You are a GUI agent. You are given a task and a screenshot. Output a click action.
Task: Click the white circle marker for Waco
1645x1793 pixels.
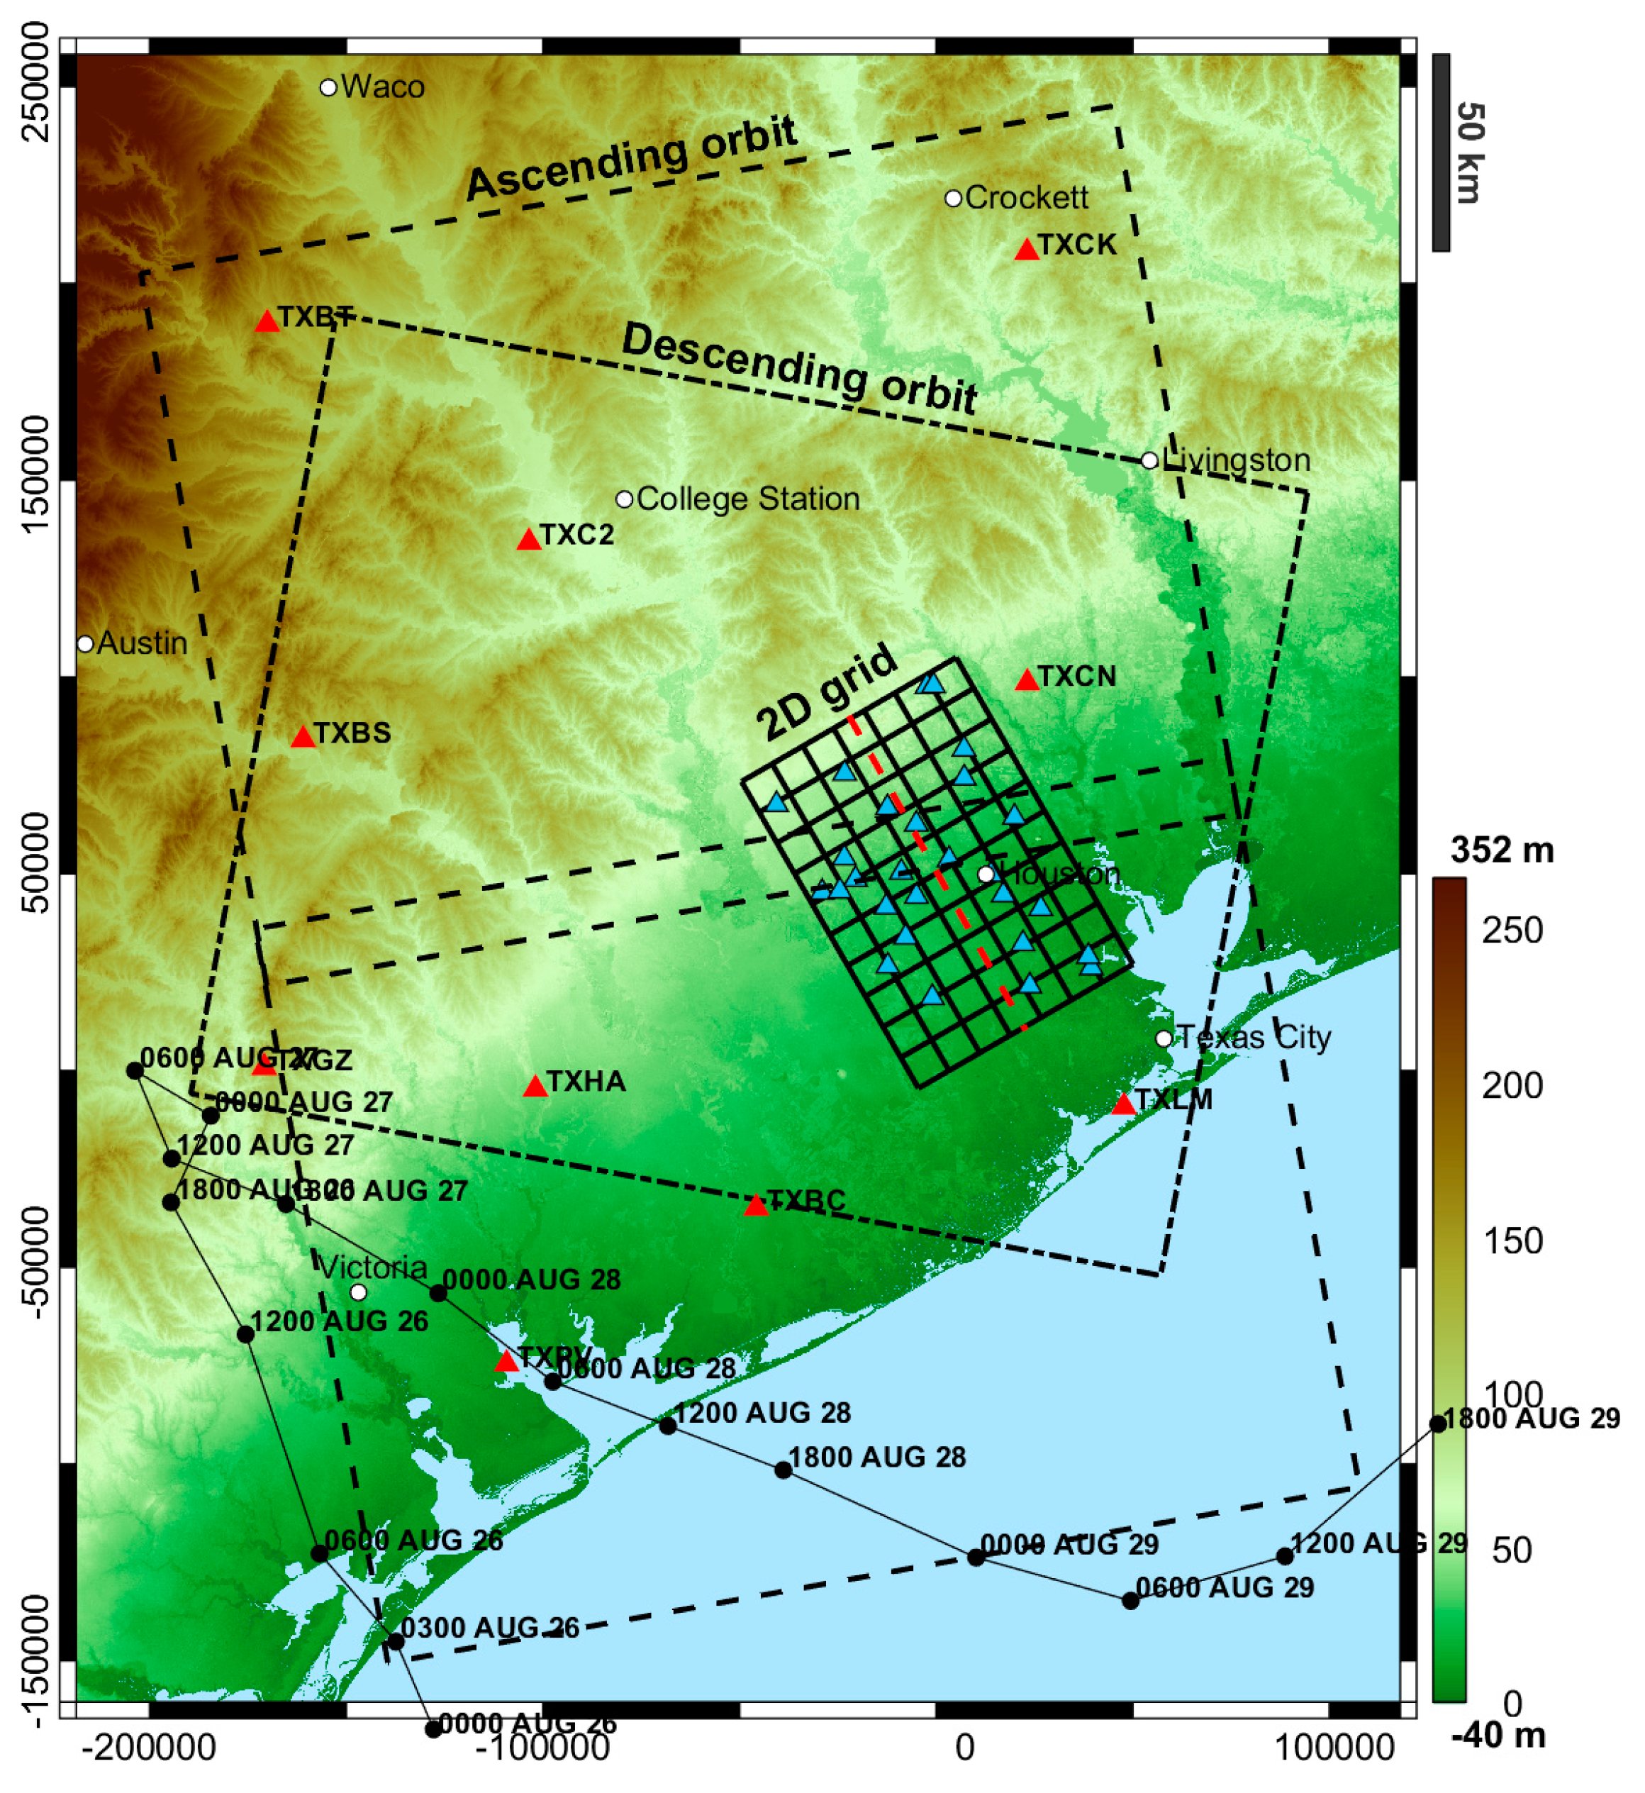click(x=328, y=87)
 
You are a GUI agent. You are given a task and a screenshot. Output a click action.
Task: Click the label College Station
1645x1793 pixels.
click(x=748, y=499)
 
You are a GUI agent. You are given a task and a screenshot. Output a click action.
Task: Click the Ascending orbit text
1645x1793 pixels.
click(x=632, y=158)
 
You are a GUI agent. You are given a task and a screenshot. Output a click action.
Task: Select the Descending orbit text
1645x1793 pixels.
click(x=798, y=367)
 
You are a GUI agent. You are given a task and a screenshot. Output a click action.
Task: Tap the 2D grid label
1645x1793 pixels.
click(x=825, y=694)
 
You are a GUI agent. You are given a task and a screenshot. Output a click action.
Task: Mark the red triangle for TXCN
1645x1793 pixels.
click(x=1026, y=681)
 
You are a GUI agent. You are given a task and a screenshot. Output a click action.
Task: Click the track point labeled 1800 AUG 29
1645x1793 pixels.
click(x=1437, y=1423)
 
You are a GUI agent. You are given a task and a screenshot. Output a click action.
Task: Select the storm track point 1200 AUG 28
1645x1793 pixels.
click(x=668, y=1426)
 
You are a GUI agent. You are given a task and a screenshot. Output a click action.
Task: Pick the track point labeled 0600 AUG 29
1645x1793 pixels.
click(x=1130, y=1601)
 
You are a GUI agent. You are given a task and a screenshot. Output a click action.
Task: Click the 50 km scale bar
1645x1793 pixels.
click(x=1440, y=152)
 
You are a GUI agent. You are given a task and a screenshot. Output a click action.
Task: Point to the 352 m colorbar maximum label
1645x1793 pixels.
click(x=1502, y=850)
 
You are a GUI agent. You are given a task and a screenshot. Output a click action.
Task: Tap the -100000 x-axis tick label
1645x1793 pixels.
click(x=542, y=1748)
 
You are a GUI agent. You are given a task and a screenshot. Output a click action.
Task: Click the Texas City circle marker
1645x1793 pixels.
click(x=1164, y=1039)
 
